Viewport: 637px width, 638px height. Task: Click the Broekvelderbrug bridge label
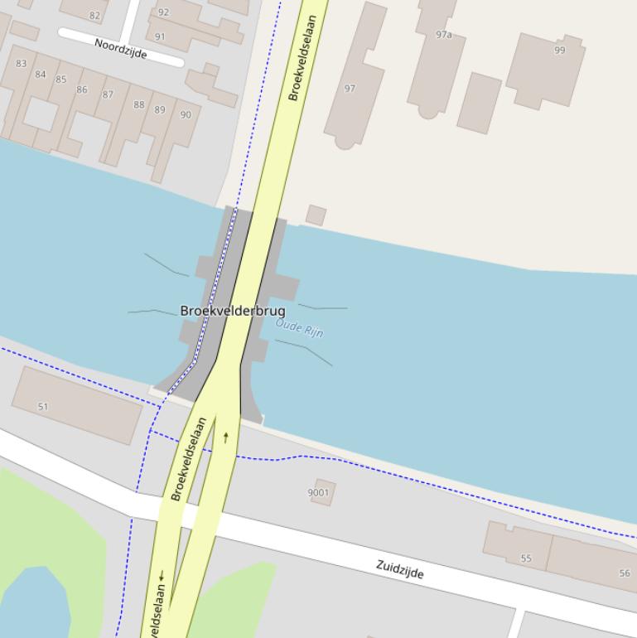coord(232,311)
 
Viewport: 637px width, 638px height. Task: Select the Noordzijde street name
coord(121,48)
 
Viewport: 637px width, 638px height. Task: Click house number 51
coord(43,407)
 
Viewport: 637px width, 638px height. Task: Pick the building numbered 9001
coord(319,492)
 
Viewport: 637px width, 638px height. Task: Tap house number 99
coord(560,51)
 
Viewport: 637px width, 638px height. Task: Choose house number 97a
coord(444,35)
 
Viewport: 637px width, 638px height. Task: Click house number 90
coord(185,115)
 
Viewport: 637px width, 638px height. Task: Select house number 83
coord(21,64)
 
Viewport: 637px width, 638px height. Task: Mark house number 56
coord(625,573)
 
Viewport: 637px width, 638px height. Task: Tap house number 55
coord(526,558)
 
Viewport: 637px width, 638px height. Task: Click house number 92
coord(163,12)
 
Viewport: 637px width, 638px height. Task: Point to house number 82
coord(94,15)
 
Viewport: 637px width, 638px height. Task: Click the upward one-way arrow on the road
coord(225,437)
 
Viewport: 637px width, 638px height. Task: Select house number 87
coord(108,94)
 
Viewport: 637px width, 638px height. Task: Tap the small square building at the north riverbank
coord(316,215)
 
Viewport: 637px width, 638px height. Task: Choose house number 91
coord(160,36)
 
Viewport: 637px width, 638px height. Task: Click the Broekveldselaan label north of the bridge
coord(302,58)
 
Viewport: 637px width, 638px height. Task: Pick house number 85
coord(60,80)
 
